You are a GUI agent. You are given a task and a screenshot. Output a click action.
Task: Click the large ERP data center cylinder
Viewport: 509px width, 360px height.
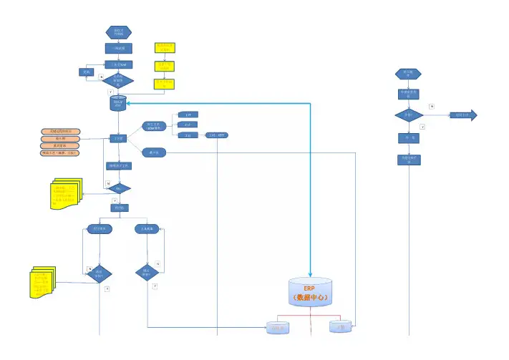click(x=310, y=293)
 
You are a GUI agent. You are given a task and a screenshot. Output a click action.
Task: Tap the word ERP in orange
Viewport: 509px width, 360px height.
click(x=310, y=288)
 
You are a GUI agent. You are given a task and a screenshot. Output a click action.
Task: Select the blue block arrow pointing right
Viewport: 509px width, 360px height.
click(x=462, y=115)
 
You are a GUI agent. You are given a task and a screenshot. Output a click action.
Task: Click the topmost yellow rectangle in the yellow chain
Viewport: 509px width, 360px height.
click(x=165, y=48)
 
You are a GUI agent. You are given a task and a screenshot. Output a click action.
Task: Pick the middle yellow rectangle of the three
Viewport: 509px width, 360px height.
click(x=165, y=67)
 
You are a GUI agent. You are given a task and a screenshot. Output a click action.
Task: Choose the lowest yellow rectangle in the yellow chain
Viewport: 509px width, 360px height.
click(x=165, y=84)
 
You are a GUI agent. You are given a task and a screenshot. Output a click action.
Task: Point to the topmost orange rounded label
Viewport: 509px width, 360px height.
click(x=60, y=132)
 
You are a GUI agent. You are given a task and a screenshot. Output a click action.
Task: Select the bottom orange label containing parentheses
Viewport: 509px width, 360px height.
click(x=60, y=152)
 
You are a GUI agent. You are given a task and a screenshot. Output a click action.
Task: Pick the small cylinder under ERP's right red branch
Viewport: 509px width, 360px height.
click(x=341, y=326)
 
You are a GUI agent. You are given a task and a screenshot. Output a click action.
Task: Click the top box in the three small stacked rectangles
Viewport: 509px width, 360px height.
click(x=188, y=115)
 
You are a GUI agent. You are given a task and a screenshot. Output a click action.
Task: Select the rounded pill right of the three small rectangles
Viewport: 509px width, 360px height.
click(x=217, y=135)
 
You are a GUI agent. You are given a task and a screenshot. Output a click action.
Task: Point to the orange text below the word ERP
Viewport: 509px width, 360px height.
click(x=310, y=297)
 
